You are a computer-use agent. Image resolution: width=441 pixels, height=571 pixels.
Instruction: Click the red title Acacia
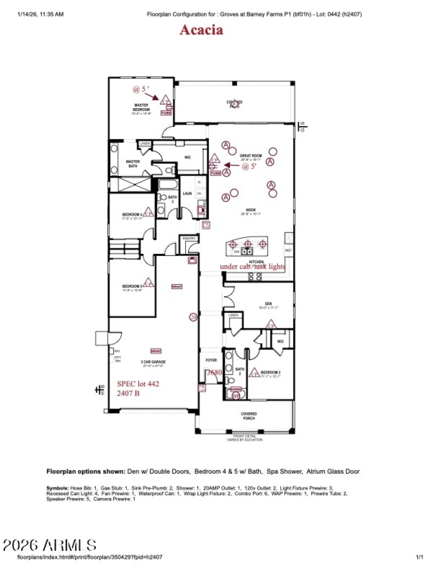pos(201,30)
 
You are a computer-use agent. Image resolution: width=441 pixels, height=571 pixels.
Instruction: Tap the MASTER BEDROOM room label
pos(142,107)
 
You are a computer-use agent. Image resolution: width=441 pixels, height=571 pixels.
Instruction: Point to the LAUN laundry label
pos(187,193)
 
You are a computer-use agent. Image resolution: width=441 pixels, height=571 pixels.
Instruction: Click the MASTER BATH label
pos(132,163)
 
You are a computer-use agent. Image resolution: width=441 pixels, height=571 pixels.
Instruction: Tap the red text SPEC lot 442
pos(138,383)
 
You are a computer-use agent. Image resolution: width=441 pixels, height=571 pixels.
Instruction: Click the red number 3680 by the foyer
pos(214,372)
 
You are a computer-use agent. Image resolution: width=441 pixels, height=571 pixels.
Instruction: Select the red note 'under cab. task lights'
pos(252,266)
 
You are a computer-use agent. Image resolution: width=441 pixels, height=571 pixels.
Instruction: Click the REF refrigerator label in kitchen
pos(289,250)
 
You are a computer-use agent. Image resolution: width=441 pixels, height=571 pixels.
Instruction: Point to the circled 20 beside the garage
pos(193,317)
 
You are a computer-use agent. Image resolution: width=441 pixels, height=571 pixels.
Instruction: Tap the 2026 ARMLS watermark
pos(50,546)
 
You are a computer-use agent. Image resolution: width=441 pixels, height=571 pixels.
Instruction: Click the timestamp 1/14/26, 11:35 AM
pos(41,14)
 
